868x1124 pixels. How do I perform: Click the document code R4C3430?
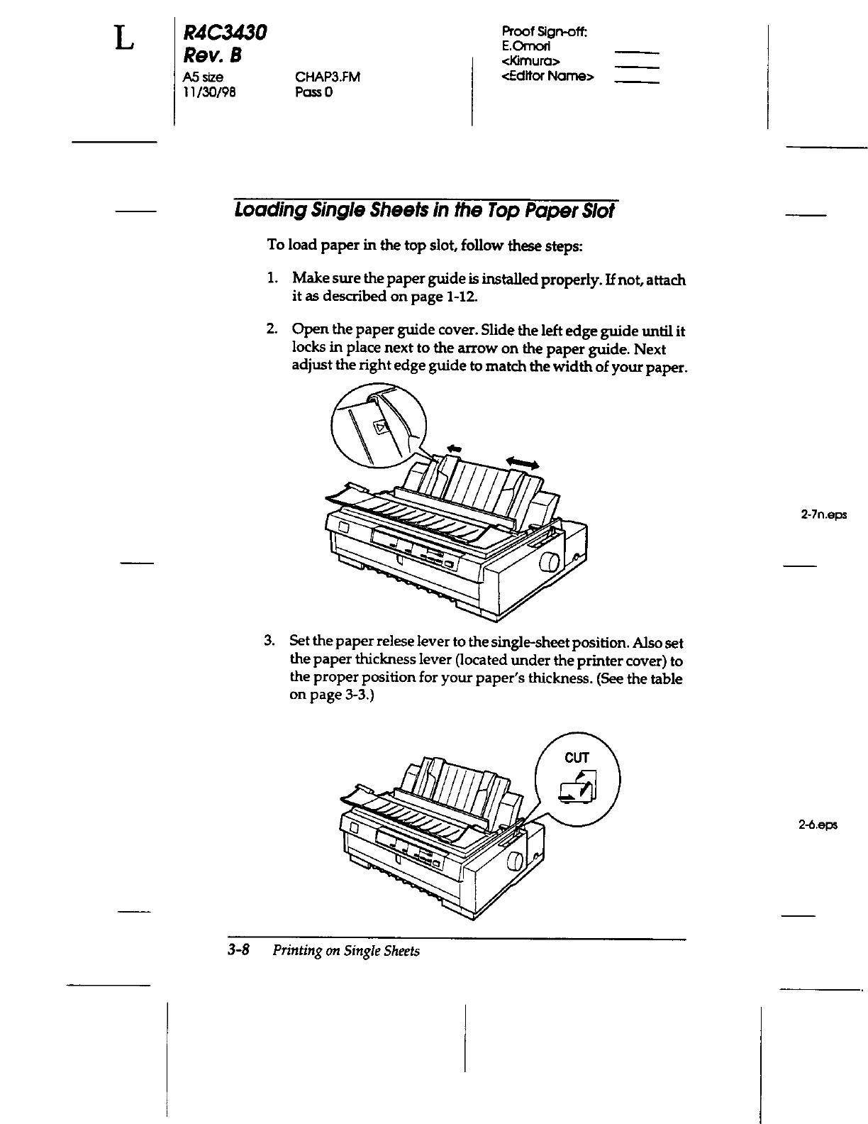224,32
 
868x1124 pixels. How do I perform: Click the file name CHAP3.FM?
328,77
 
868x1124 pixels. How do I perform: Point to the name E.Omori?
528,45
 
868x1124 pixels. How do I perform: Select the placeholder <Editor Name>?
547,76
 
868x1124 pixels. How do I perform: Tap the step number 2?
271,330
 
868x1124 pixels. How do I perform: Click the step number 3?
269,641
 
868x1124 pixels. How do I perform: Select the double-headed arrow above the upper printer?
523,463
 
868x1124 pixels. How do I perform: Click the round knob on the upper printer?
550,565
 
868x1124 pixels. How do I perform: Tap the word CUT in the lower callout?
577,758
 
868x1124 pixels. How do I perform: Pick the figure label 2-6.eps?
817,825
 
